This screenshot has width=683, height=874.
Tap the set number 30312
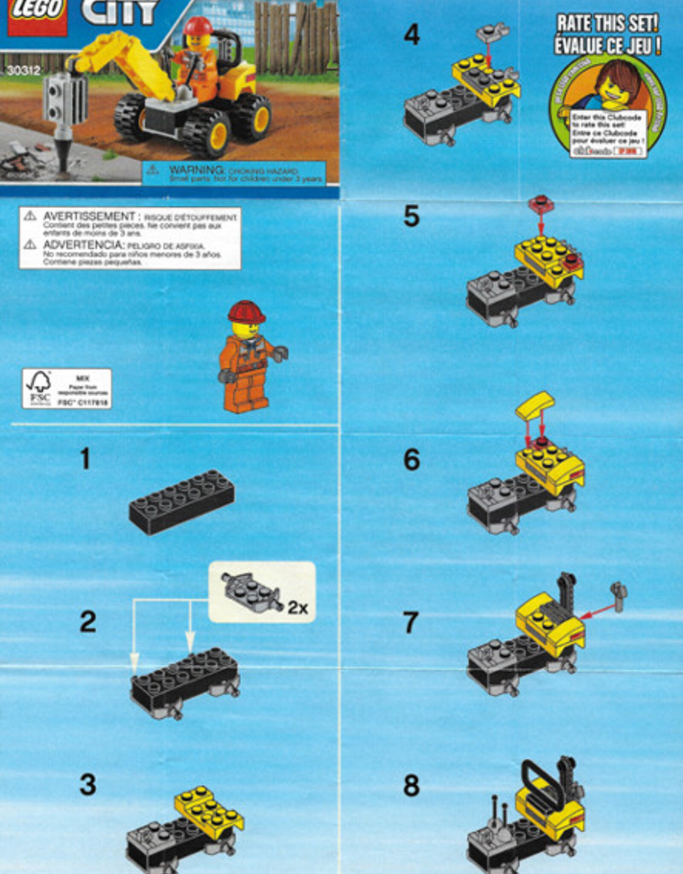[23, 70]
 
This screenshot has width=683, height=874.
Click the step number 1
[85, 459]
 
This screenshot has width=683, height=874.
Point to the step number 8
[412, 786]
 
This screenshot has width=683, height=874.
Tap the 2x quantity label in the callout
[298, 607]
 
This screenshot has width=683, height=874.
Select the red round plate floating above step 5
[541, 204]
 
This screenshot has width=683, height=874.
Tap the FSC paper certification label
[67, 388]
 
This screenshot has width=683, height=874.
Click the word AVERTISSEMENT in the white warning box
[89, 216]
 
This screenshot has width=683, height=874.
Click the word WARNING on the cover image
[196, 170]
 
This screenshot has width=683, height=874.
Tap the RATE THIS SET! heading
[607, 23]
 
